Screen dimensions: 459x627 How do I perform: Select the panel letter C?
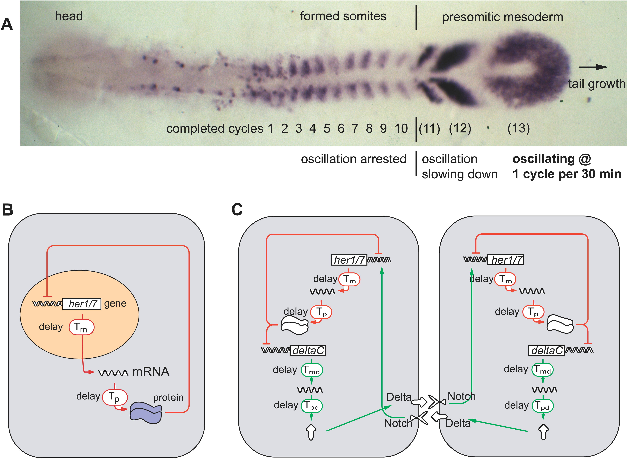coord(237,210)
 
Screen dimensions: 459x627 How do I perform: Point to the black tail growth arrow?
coord(593,67)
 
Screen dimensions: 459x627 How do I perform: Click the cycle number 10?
coord(401,129)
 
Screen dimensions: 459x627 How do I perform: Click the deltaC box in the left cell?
coord(308,351)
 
